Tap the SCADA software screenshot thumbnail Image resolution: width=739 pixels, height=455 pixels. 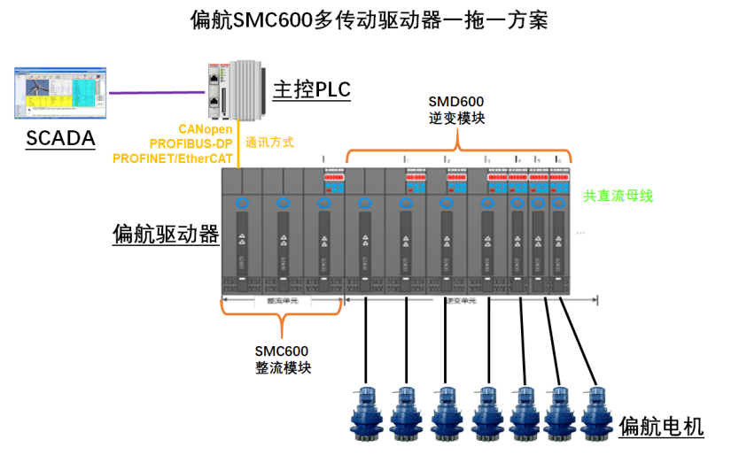(59, 92)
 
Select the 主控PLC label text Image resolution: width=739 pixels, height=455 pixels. (311, 89)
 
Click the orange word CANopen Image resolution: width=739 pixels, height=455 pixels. (213, 129)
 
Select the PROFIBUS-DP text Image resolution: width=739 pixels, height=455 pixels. (197, 143)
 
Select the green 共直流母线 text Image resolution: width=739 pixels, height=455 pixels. (618, 196)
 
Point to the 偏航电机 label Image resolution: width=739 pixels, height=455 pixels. (662, 427)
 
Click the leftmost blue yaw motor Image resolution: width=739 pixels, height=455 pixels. (365, 413)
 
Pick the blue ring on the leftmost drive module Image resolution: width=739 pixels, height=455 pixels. (242, 204)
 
